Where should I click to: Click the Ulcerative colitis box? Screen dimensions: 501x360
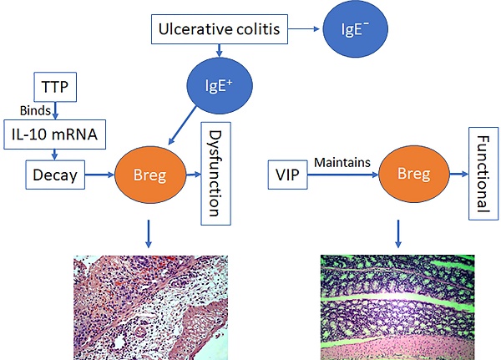click(219, 29)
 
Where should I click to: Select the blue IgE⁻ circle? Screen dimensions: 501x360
click(356, 28)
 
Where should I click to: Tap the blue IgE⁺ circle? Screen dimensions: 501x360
click(220, 86)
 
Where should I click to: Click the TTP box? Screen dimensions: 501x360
click(55, 87)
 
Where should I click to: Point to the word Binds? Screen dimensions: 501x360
click(35, 110)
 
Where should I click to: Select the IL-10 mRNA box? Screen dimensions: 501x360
click(54, 134)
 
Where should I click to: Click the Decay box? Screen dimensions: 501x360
click(55, 175)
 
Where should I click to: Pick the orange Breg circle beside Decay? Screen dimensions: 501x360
click(149, 175)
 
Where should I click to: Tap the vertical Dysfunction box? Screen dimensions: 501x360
click(215, 174)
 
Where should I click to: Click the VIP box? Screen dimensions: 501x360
click(287, 175)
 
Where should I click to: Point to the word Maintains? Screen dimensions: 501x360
click(342, 162)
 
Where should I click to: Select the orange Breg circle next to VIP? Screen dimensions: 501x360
click(414, 174)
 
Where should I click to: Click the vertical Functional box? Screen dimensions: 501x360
click(483, 174)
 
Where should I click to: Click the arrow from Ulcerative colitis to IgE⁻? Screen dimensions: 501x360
click(304, 29)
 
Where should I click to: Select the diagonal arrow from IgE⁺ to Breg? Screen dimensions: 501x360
click(182, 125)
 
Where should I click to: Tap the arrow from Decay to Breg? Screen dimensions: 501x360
click(99, 175)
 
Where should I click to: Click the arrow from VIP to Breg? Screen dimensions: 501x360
click(343, 175)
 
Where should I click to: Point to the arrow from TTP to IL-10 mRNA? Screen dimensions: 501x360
click(55, 110)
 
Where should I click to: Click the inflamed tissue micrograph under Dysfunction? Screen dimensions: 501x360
click(151, 307)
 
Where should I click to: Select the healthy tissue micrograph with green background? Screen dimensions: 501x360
click(397, 307)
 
